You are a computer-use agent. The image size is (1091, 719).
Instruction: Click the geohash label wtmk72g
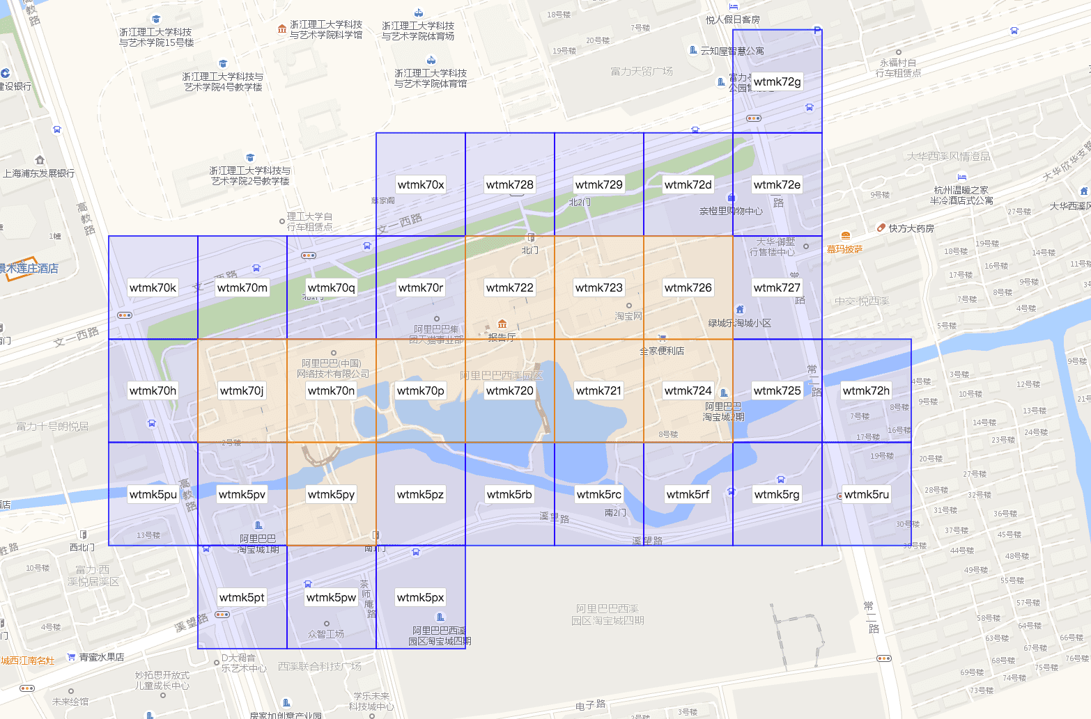point(777,81)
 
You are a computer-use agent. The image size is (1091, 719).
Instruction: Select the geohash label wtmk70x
point(421,184)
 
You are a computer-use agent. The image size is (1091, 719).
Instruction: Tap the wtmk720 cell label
point(510,390)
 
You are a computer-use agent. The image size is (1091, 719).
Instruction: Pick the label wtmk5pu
point(153,494)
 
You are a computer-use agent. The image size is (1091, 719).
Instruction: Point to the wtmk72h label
point(866,390)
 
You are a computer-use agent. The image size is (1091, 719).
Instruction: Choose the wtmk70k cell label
point(153,287)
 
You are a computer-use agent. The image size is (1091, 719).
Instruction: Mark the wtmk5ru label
point(866,494)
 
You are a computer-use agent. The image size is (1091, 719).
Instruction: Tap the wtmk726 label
point(688,287)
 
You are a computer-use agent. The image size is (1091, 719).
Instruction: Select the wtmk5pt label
point(242,597)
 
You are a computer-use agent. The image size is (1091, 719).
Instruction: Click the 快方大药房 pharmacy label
point(911,228)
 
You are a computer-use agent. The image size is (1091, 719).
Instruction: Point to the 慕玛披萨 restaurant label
point(844,248)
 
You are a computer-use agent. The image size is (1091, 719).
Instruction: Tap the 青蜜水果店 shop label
point(101,657)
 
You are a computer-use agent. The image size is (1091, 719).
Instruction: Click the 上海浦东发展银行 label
point(38,173)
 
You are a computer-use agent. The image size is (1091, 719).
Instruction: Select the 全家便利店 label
point(662,351)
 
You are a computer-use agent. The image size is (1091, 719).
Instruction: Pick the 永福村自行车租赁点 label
point(898,68)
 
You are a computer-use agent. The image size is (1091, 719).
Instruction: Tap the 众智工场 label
point(326,634)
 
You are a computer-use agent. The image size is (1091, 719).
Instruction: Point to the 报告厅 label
point(502,338)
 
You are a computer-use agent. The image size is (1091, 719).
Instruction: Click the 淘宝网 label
point(628,316)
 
